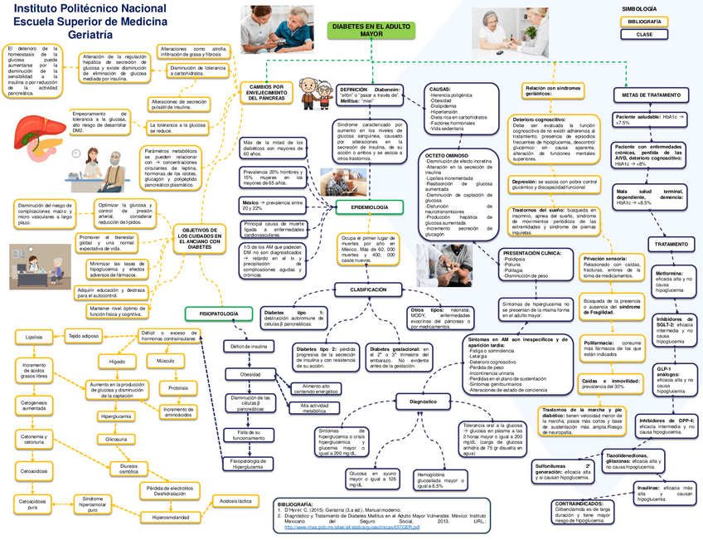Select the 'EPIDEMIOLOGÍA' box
point(364,206)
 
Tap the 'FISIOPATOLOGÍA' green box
point(213,313)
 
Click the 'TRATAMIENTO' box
point(671,245)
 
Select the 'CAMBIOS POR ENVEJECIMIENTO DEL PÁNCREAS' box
point(266,92)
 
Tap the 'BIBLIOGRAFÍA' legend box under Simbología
point(644,21)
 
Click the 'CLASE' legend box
point(644,35)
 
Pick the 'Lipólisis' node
point(34,338)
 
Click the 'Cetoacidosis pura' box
point(33,504)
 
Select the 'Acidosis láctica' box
point(235,501)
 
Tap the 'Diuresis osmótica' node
point(128,470)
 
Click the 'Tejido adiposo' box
point(84,336)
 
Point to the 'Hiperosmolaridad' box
point(171,517)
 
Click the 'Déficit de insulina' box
point(249,346)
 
